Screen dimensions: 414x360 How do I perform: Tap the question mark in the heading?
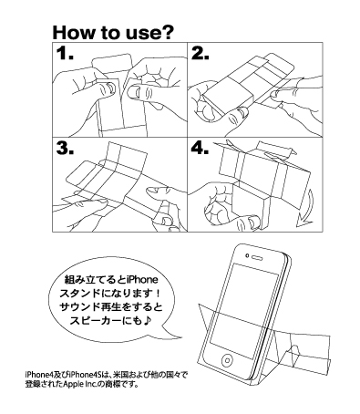coord(170,34)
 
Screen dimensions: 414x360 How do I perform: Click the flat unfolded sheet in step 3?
coord(128,178)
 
